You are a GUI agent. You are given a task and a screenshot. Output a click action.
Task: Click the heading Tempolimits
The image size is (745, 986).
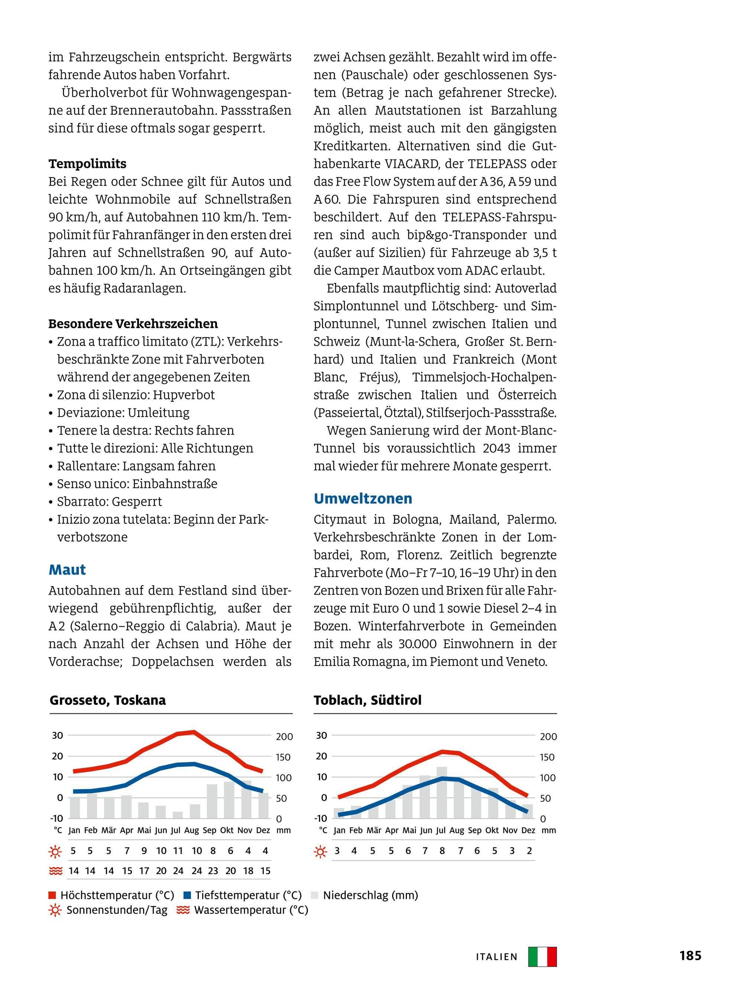pyautogui.click(x=88, y=164)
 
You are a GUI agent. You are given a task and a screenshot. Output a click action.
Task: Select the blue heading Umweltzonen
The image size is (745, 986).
pyautogui.click(x=363, y=498)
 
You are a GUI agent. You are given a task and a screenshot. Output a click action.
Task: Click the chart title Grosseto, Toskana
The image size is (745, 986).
pyautogui.click(x=107, y=700)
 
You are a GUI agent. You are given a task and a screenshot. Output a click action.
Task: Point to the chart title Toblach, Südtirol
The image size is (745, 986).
pyautogui.click(x=367, y=700)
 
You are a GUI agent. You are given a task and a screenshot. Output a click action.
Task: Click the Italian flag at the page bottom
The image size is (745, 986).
pyautogui.click(x=542, y=957)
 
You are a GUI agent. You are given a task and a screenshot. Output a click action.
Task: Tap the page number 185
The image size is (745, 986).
pyautogui.click(x=690, y=956)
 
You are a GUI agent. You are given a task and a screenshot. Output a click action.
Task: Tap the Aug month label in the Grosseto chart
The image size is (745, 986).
pyautogui.click(x=192, y=831)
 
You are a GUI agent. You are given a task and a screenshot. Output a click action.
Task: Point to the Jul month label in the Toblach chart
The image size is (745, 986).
pyautogui.click(x=441, y=831)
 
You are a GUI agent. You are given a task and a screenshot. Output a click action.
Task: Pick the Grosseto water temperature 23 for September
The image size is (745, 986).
pyautogui.click(x=213, y=871)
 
